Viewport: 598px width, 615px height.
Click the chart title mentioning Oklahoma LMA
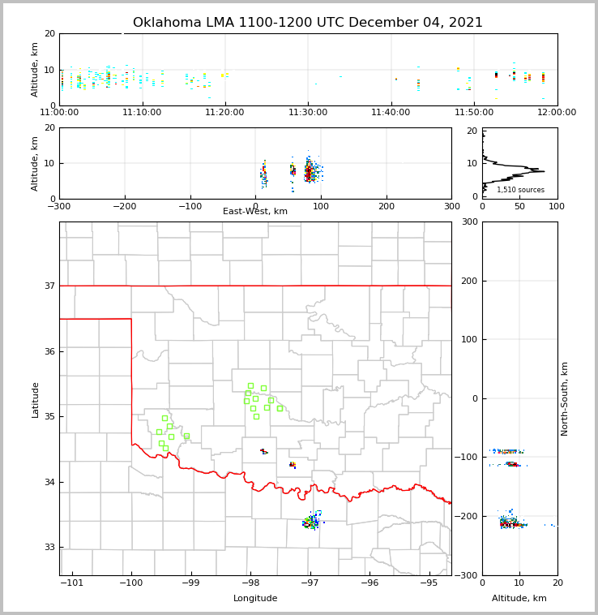coord(308,23)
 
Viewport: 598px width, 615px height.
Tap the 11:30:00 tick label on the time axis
coord(308,113)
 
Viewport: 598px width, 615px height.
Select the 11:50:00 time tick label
coord(474,113)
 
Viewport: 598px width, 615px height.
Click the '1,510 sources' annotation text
coord(520,190)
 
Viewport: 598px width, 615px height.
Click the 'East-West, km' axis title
coord(255,212)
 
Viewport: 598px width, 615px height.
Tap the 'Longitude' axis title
coord(255,599)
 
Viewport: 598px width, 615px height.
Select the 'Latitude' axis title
coord(35,399)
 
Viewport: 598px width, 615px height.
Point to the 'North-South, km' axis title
coord(565,398)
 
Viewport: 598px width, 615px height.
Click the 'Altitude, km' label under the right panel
coord(519,599)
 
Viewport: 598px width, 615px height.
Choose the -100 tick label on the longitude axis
coord(131,583)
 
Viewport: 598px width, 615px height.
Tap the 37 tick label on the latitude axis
coord(49,286)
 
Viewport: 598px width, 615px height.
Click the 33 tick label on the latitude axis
coord(49,547)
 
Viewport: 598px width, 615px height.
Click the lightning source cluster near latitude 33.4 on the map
coord(312,522)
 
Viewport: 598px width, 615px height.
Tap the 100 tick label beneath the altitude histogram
coord(557,207)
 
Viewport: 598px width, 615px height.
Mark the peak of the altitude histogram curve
coord(544,171)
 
